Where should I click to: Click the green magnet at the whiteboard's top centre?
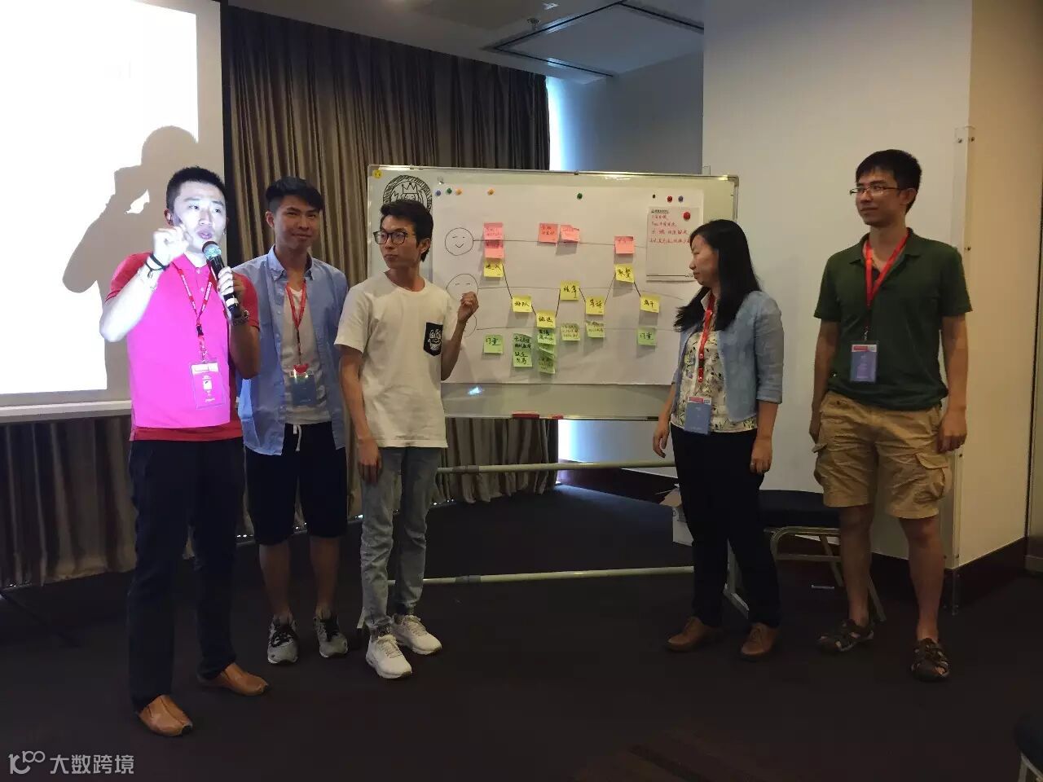pos(579,196)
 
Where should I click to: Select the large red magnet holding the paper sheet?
pos(687,215)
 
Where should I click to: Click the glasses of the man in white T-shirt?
pos(392,236)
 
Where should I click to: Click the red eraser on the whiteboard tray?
pos(526,415)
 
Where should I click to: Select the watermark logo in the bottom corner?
pos(69,763)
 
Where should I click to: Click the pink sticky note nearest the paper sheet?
pos(623,243)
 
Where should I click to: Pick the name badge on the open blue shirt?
pos(300,388)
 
